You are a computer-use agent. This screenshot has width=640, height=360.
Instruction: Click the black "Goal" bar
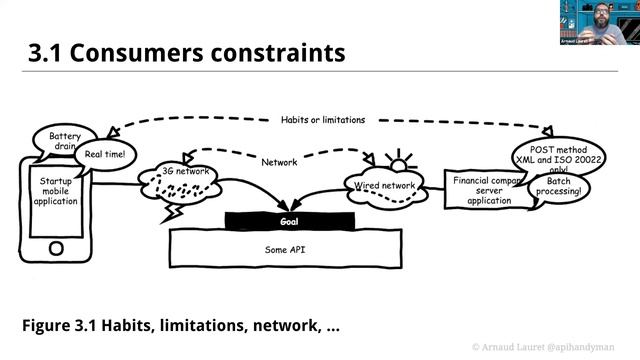pos(289,220)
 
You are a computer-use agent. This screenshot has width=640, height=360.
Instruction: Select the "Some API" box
pos(288,247)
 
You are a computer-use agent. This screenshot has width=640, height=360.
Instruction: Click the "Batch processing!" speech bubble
pos(563,187)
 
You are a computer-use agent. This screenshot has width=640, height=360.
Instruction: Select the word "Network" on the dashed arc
pos(279,162)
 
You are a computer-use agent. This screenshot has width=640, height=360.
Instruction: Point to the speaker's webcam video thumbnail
pos(599,22)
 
